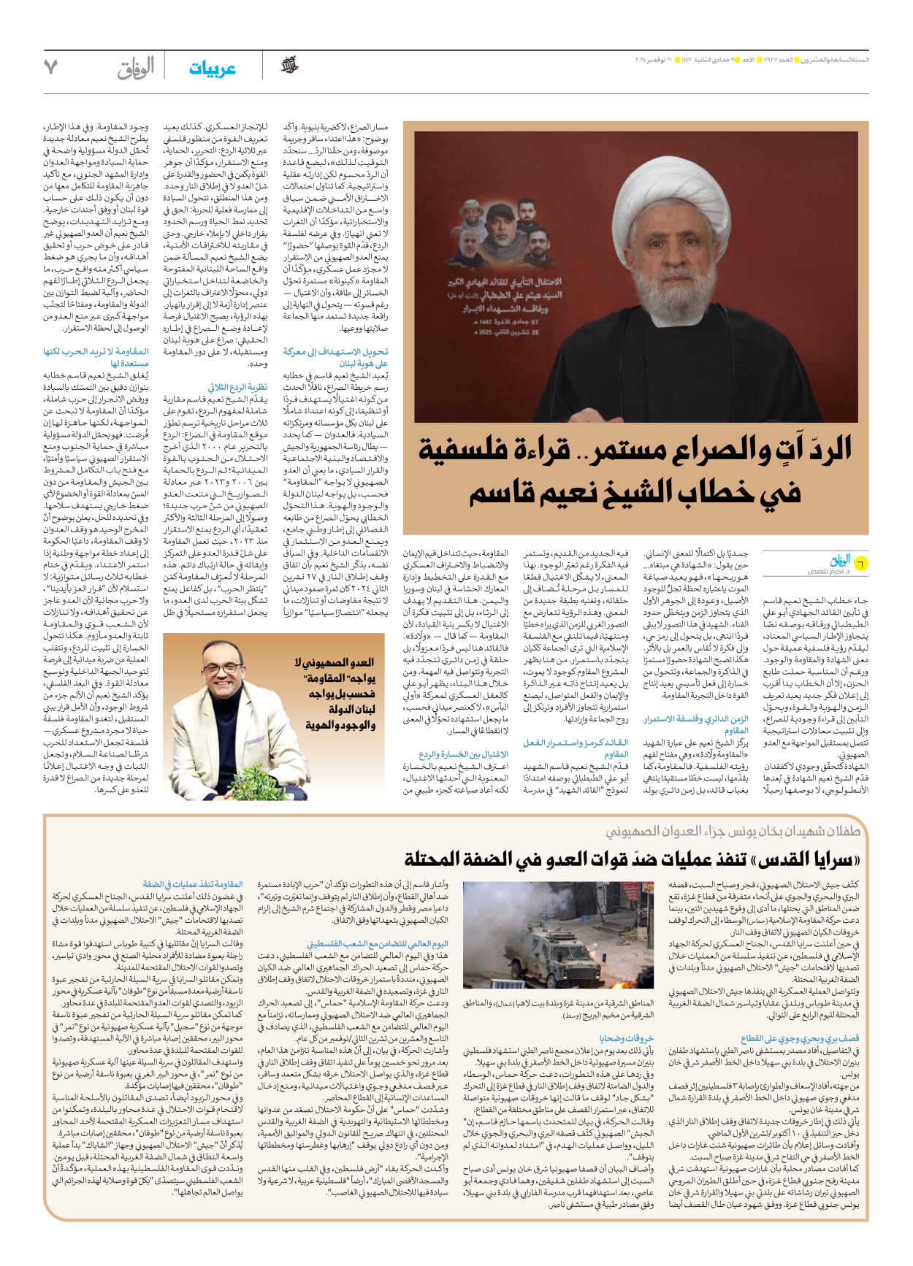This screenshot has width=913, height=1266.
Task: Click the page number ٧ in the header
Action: coord(50,66)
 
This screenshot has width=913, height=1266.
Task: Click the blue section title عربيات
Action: coord(212,69)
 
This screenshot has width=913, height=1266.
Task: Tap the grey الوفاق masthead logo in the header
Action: coord(136,68)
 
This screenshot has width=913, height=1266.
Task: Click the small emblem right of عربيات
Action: coord(289,66)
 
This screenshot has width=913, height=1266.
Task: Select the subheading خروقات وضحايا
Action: coord(626,1037)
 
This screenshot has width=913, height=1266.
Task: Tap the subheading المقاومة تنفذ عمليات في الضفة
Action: coord(193,884)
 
